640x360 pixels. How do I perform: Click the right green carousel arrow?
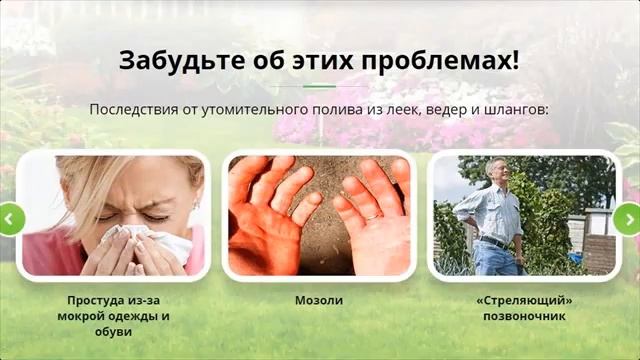tap(628, 218)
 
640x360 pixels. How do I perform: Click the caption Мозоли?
tap(318, 300)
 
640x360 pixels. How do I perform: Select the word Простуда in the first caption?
tap(95, 300)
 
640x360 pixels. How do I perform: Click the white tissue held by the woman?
tap(150, 245)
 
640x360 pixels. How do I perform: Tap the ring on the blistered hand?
tap(371, 212)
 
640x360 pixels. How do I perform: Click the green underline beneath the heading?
tap(319, 86)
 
